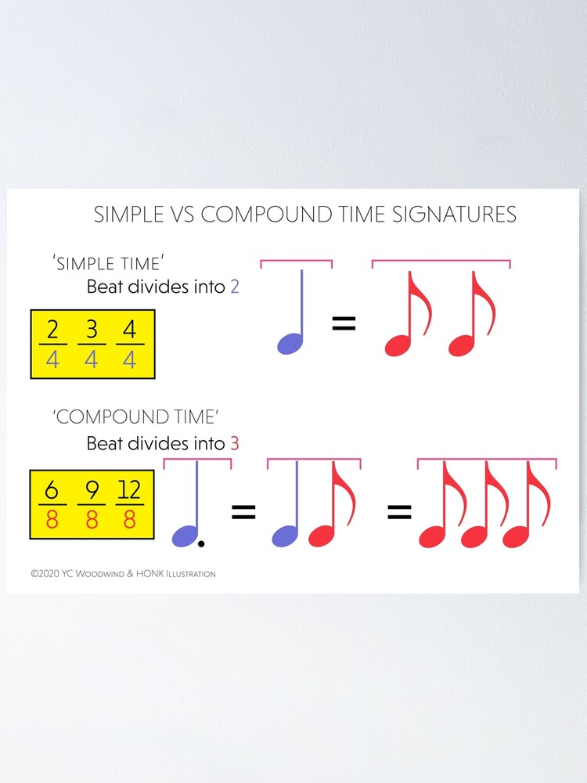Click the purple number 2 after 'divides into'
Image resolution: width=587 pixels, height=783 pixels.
click(x=235, y=287)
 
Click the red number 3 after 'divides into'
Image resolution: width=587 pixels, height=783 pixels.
click(x=235, y=444)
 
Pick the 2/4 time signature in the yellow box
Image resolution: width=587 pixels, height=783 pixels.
click(x=52, y=345)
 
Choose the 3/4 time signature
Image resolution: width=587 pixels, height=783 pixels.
click(x=92, y=345)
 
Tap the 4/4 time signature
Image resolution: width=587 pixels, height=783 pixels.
click(x=130, y=345)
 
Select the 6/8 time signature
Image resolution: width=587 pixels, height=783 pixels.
click(x=52, y=504)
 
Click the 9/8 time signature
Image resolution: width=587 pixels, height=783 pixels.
click(x=92, y=504)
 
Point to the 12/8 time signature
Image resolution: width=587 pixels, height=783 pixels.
click(x=130, y=504)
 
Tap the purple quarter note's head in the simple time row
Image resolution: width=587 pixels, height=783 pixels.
click(x=290, y=343)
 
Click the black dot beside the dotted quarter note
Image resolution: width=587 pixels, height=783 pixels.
click(x=202, y=543)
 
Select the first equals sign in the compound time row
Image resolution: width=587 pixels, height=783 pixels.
click(x=243, y=513)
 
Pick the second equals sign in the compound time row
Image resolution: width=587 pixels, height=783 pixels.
click(x=400, y=513)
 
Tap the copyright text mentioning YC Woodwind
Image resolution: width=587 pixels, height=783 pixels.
click(x=123, y=574)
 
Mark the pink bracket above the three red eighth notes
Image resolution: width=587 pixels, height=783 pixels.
click(x=487, y=460)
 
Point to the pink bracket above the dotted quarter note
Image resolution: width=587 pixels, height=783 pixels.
click(x=197, y=460)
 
